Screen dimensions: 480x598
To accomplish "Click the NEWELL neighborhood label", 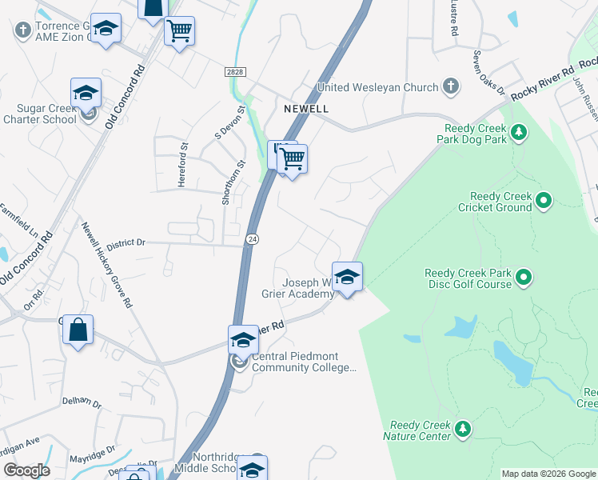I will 305,107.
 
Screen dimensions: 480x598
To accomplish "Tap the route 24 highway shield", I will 253,239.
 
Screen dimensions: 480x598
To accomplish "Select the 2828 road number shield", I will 234,72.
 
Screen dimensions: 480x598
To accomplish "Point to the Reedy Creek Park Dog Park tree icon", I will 519,131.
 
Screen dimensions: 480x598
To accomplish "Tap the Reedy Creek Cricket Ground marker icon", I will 544,200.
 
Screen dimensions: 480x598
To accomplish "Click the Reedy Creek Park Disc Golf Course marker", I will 524,278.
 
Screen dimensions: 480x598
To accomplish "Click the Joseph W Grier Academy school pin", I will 347,278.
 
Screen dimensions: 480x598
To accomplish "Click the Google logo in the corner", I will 26,470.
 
